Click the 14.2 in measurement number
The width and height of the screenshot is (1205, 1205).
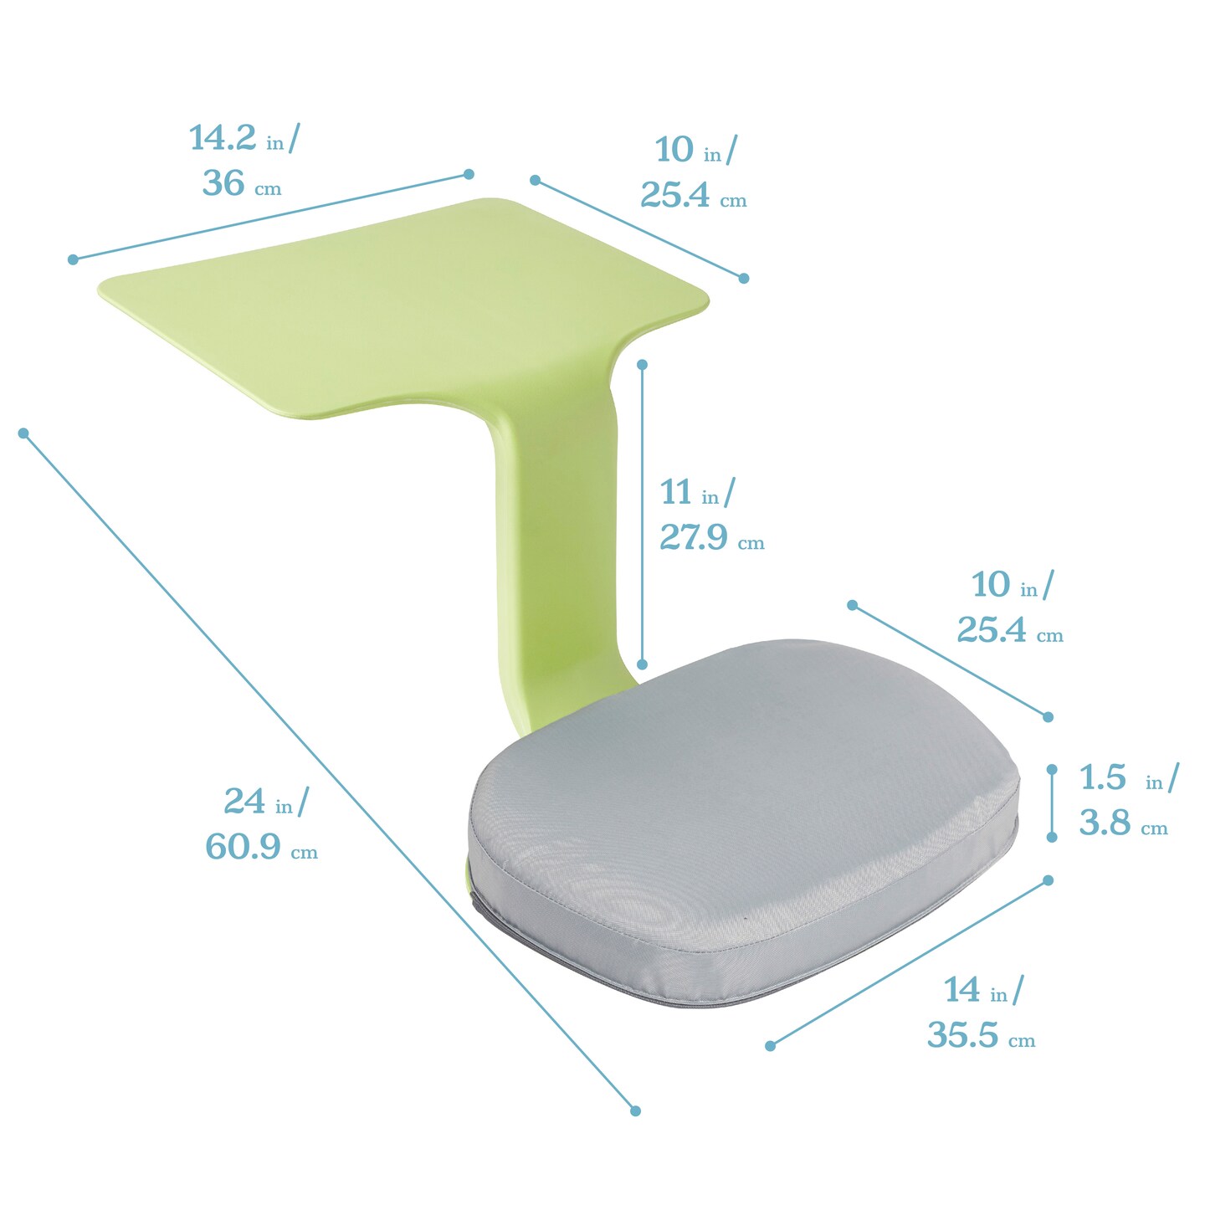(222, 138)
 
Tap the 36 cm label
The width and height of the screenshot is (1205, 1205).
(223, 183)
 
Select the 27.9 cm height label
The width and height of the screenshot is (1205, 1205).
(694, 536)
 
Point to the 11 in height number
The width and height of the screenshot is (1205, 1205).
(676, 492)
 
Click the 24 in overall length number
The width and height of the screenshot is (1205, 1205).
(244, 802)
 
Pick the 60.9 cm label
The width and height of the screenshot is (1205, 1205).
(243, 847)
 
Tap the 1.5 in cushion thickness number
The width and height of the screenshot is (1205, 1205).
(1102, 777)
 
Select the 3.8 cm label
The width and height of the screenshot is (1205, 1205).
(1105, 823)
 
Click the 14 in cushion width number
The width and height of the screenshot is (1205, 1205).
(962, 990)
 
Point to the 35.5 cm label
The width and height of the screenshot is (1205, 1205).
(963, 1035)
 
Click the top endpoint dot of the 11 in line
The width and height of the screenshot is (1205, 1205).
(643, 365)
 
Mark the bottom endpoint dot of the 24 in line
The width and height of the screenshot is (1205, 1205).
(635, 1110)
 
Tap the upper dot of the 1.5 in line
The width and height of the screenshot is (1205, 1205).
(1052, 769)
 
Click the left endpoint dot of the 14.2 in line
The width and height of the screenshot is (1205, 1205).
(73, 259)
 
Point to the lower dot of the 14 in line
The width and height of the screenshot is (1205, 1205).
(771, 1045)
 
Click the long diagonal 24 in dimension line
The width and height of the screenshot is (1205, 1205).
(326, 770)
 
